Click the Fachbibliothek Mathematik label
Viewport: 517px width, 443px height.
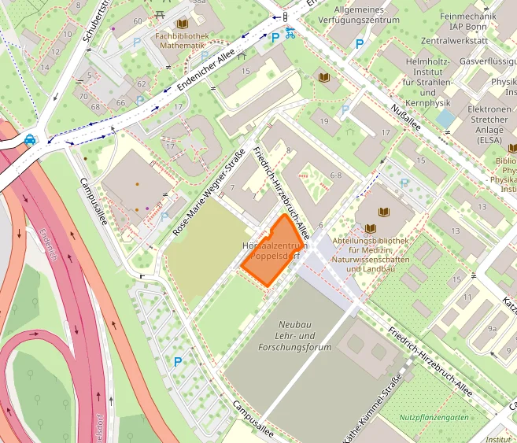[182, 41]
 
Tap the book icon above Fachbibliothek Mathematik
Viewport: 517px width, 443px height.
[183, 24]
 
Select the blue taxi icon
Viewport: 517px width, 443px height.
[30, 139]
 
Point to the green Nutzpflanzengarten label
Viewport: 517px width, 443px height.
[434, 417]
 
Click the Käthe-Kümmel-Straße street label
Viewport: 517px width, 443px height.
[373, 410]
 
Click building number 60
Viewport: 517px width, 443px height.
[138, 21]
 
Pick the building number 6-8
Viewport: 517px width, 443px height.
[335, 175]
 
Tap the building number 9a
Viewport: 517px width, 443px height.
[493, 329]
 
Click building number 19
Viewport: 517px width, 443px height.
[325, 120]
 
